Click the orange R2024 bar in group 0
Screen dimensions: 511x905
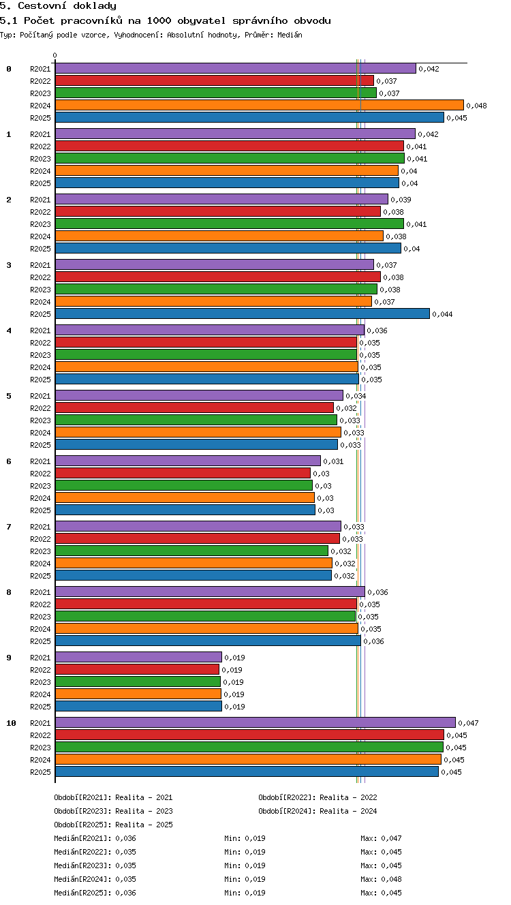(x=260, y=105)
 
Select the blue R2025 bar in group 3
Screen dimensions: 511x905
(x=243, y=313)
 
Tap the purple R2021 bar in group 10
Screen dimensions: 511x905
(x=255, y=722)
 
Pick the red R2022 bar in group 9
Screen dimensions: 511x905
(x=137, y=669)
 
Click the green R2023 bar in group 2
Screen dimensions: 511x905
(x=230, y=224)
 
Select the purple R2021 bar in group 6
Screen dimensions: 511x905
(x=188, y=461)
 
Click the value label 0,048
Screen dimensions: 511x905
(x=476, y=106)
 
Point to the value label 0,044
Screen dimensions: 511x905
(x=442, y=314)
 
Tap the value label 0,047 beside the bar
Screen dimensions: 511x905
(x=468, y=723)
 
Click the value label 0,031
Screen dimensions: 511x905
(x=333, y=461)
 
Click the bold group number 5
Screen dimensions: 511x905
(x=9, y=396)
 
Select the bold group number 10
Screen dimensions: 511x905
(x=11, y=723)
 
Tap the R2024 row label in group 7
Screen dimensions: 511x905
(x=40, y=564)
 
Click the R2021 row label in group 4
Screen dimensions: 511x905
(x=40, y=331)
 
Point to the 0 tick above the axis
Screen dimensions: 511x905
(x=55, y=55)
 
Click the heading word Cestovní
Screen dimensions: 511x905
(x=42, y=6)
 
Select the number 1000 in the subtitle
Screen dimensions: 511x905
(x=159, y=20)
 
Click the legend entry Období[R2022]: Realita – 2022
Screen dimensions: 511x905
(x=318, y=797)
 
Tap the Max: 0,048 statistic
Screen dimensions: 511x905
(x=381, y=879)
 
